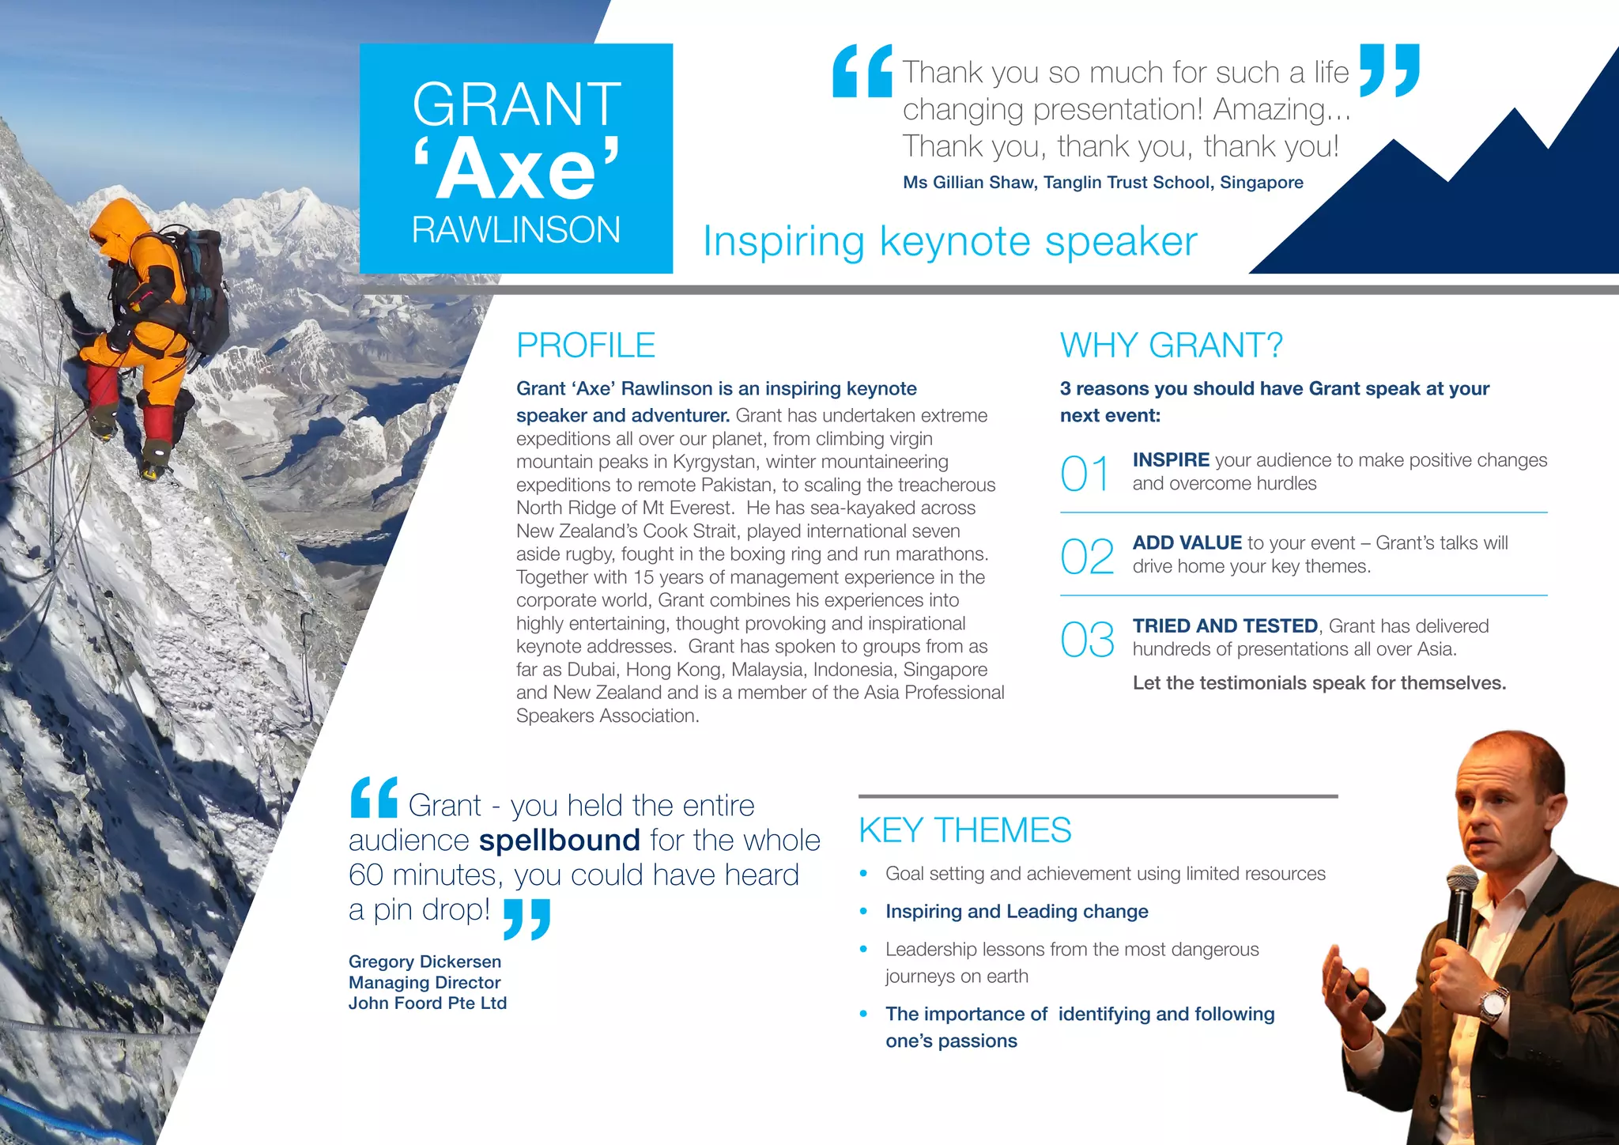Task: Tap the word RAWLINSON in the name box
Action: tap(515, 230)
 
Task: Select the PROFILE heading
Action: tap(585, 346)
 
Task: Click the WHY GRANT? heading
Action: tap(1171, 346)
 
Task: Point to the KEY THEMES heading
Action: tap(964, 830)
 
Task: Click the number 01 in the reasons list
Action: tap(1086, 474)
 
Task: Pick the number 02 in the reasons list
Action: tap(1087, 557)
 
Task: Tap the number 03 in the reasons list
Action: tap(1087, 640)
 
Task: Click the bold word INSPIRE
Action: tap(1171, 460)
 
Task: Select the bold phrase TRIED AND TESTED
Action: tap(1225, 626)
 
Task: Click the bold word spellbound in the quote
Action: tap(560, 840)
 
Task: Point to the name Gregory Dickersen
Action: tap(425, 962)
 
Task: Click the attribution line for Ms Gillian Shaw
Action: tap(1103, 183)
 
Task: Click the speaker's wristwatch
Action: tap(1491, 1006)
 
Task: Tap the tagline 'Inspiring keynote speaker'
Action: tap(949, 242)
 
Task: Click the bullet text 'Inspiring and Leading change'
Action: tap(1017, 912)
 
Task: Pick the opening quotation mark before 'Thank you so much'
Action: tap(862, 72)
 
